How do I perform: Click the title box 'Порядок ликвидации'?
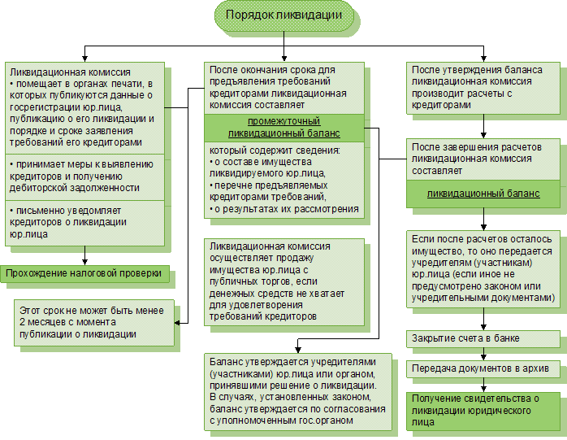click(284, 16)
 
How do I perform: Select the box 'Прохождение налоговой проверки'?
click(85, 273)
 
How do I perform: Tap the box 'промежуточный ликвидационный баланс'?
click(283, 127)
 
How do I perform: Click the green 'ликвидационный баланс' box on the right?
click(484, 194)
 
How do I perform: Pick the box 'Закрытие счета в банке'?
click(484, 338)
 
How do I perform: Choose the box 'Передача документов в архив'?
click(484, 369)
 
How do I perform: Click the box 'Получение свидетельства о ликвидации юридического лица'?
click(484, 404)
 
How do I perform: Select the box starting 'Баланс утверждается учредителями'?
click(297, 391)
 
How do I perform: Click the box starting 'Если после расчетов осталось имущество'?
click(484, 268)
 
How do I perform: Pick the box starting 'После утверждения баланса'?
click(484, 88)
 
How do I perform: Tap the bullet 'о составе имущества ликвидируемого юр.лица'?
click(283, 167)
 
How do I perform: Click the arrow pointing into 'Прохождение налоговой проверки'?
click(84, 259)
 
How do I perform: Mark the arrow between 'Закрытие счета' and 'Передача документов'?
click(484, 353)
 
